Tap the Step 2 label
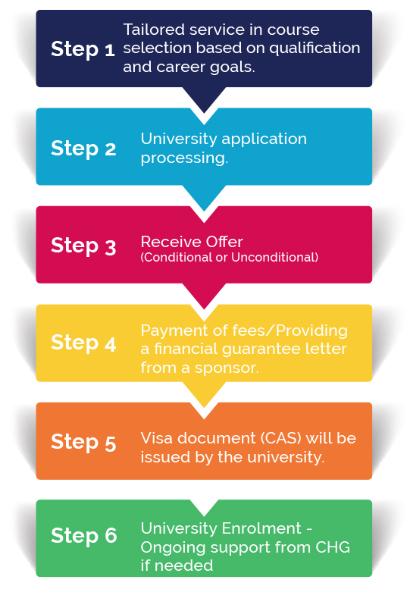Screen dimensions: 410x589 (83, 149)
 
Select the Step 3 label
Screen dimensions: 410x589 (83, 246)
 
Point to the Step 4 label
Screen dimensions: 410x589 (83, 343)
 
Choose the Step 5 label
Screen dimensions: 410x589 (83, 443)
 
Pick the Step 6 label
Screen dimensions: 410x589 (83, 536)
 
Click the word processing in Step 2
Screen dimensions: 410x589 (184, 158)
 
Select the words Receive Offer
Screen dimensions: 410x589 (192, 242)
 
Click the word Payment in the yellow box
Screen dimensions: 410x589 (174, 331)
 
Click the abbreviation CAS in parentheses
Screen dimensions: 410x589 (281, 439)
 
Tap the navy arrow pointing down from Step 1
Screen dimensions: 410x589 (205, 99)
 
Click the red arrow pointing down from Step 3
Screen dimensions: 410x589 (205, 296)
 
